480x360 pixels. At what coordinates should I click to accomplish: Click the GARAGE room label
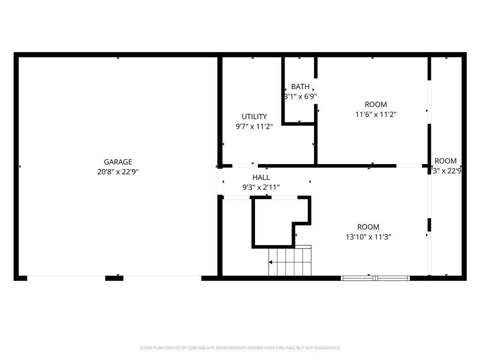tap(118, 162)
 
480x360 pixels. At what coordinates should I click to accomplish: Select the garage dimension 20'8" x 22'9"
tap(118, 172)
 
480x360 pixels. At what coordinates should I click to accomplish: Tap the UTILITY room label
tap(254, 117)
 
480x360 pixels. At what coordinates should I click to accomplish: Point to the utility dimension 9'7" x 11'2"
tap(254, 126)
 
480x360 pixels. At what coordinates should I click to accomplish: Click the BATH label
tap(300, 87)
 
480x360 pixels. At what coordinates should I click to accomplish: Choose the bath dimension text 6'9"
tap(309, 97)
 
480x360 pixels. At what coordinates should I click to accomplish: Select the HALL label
tap(261, 178)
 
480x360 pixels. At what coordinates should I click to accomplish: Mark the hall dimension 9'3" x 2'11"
tap(261, 187)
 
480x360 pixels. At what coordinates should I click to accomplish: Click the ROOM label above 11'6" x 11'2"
tap(376, 105)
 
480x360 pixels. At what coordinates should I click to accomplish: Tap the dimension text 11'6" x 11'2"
tap(376, 114)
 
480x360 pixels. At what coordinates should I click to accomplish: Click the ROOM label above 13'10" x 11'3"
tap(368, 227)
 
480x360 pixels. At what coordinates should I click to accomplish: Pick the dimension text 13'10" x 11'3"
tap(368, 237)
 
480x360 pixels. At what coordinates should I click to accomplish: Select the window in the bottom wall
tap(375, 278)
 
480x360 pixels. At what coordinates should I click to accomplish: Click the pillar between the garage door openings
tap(114, 278)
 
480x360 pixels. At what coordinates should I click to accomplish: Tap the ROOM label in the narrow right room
tap(445, 161)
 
